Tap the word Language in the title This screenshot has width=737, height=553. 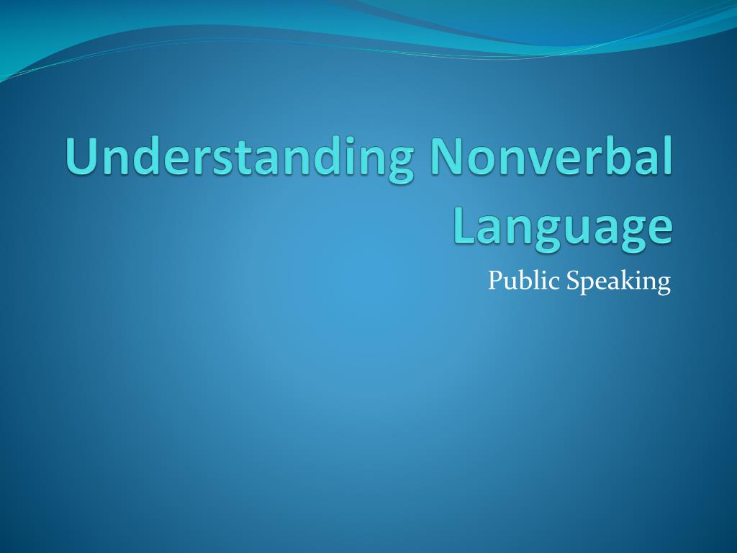coord(563,228)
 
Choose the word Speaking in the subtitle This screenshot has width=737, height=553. coord(618,282)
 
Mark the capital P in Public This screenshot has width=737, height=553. coord(496,281)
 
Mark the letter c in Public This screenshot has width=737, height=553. coord(555,284)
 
